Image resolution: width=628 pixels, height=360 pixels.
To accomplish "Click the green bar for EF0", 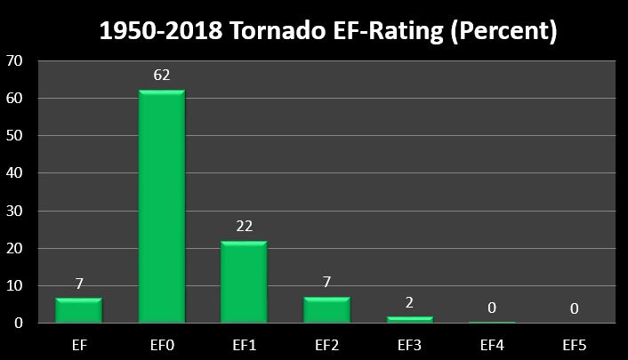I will pyautogui.click(x=161, y=206).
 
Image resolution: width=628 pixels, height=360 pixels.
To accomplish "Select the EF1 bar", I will pyautogui.click(x=243, y=282).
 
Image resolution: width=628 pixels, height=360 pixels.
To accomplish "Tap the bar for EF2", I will pyautogui.click(x=326, y=309).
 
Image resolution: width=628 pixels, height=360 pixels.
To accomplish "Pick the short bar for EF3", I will pyautogui.click(x=408, y=319).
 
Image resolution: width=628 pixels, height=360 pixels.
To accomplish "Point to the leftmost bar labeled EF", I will pyautogui.click(x=78, y=309).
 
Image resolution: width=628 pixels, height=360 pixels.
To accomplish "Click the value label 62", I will pyautogui.click(x=161, y=76).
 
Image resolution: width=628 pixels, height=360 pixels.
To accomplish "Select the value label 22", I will pyautogui.click(x=244, y=226).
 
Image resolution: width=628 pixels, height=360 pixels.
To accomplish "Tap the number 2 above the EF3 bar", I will pyautogui.click(x=409, y=301).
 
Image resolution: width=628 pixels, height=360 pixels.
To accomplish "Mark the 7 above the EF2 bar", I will pyautogui.click(x=326, y=283).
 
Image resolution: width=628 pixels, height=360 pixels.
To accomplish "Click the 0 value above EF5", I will pyautogui.click(x=574, y=308).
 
